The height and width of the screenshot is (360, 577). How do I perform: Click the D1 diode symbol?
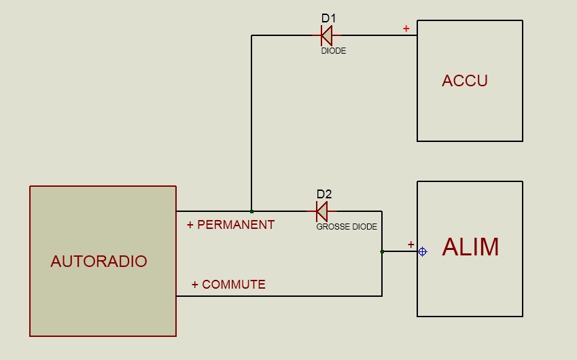point(326,35)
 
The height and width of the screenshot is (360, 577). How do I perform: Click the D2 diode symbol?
point(322,211)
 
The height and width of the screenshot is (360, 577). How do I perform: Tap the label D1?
point(328,18)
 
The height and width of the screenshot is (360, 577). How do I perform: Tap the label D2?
point(324,194)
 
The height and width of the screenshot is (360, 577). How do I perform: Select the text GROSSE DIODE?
point(347,227)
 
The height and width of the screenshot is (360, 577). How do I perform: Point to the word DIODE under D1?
point(334,51)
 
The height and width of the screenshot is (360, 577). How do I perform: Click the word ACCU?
point(465,81)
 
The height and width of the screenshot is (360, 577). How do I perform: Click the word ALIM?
point(470,247)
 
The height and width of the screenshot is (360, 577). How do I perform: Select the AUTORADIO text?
point(99,262)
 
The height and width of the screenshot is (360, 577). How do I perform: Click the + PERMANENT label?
point(230,225)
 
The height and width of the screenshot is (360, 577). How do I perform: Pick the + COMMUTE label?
point(228,285)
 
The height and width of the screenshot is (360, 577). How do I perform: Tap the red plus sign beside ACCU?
point(406,29)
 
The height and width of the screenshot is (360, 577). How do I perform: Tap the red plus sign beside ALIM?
point(410,244)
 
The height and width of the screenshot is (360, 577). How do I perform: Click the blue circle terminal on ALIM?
point(422,251)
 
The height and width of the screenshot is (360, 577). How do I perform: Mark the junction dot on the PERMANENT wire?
point(251,211)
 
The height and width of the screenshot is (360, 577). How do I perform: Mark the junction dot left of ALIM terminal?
point(382,251)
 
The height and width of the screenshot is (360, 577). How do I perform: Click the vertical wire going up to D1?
point(251,122)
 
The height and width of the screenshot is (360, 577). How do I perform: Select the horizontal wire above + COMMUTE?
point(279,295)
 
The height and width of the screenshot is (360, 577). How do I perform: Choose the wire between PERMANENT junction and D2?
point(282,211)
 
